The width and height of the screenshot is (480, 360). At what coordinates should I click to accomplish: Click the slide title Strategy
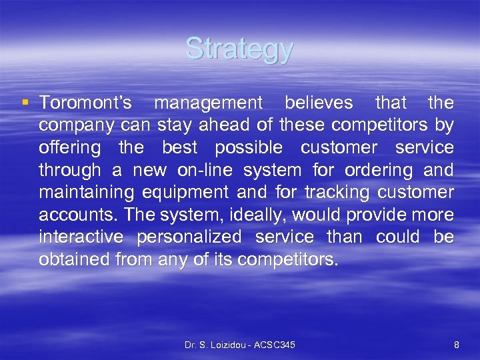239,49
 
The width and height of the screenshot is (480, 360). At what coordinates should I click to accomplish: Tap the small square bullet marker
25,103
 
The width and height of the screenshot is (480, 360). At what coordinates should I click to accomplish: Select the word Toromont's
85,103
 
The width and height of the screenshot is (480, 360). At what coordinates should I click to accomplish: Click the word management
209,103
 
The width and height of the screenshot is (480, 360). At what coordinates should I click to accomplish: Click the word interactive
81,237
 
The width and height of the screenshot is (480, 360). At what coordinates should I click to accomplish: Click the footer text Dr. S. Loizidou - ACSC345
239,345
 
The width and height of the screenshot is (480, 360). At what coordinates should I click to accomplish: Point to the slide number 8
456,345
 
